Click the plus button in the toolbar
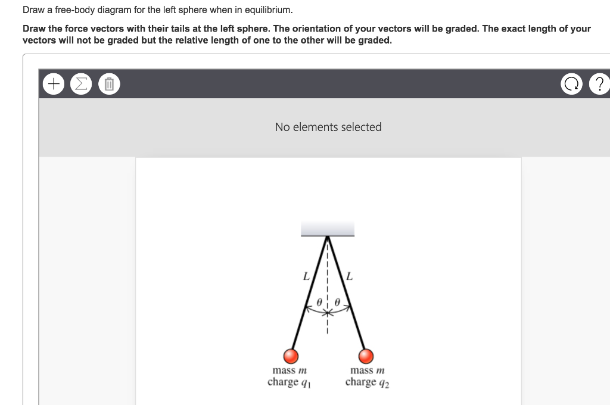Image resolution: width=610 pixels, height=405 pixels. (x=54, y=85)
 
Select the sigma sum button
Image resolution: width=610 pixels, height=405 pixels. (x=80, y=85)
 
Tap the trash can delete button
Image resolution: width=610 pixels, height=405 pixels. (x=109, y=85)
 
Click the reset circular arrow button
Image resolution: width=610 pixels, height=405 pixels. (x=571, y=85)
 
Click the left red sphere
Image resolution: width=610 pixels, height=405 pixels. (x=291, y=356)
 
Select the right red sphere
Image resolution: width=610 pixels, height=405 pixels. (x=366, y=356)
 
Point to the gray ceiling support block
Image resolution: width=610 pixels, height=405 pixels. (x=327, y=228)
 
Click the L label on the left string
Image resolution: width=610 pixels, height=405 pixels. (x=306, y=276)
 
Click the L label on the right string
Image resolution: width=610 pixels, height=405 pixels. (x=349, y=276)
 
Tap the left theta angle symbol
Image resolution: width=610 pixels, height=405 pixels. (x=319, y=302)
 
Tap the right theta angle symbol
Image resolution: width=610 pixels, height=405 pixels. (x=337, y=302)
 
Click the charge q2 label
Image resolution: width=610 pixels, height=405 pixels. (x=366, y=382)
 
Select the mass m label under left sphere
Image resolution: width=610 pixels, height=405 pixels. (x=289, y=370)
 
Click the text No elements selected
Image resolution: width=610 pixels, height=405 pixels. (x=328, y=127)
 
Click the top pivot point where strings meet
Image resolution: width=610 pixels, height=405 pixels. (x=327, y=237)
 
